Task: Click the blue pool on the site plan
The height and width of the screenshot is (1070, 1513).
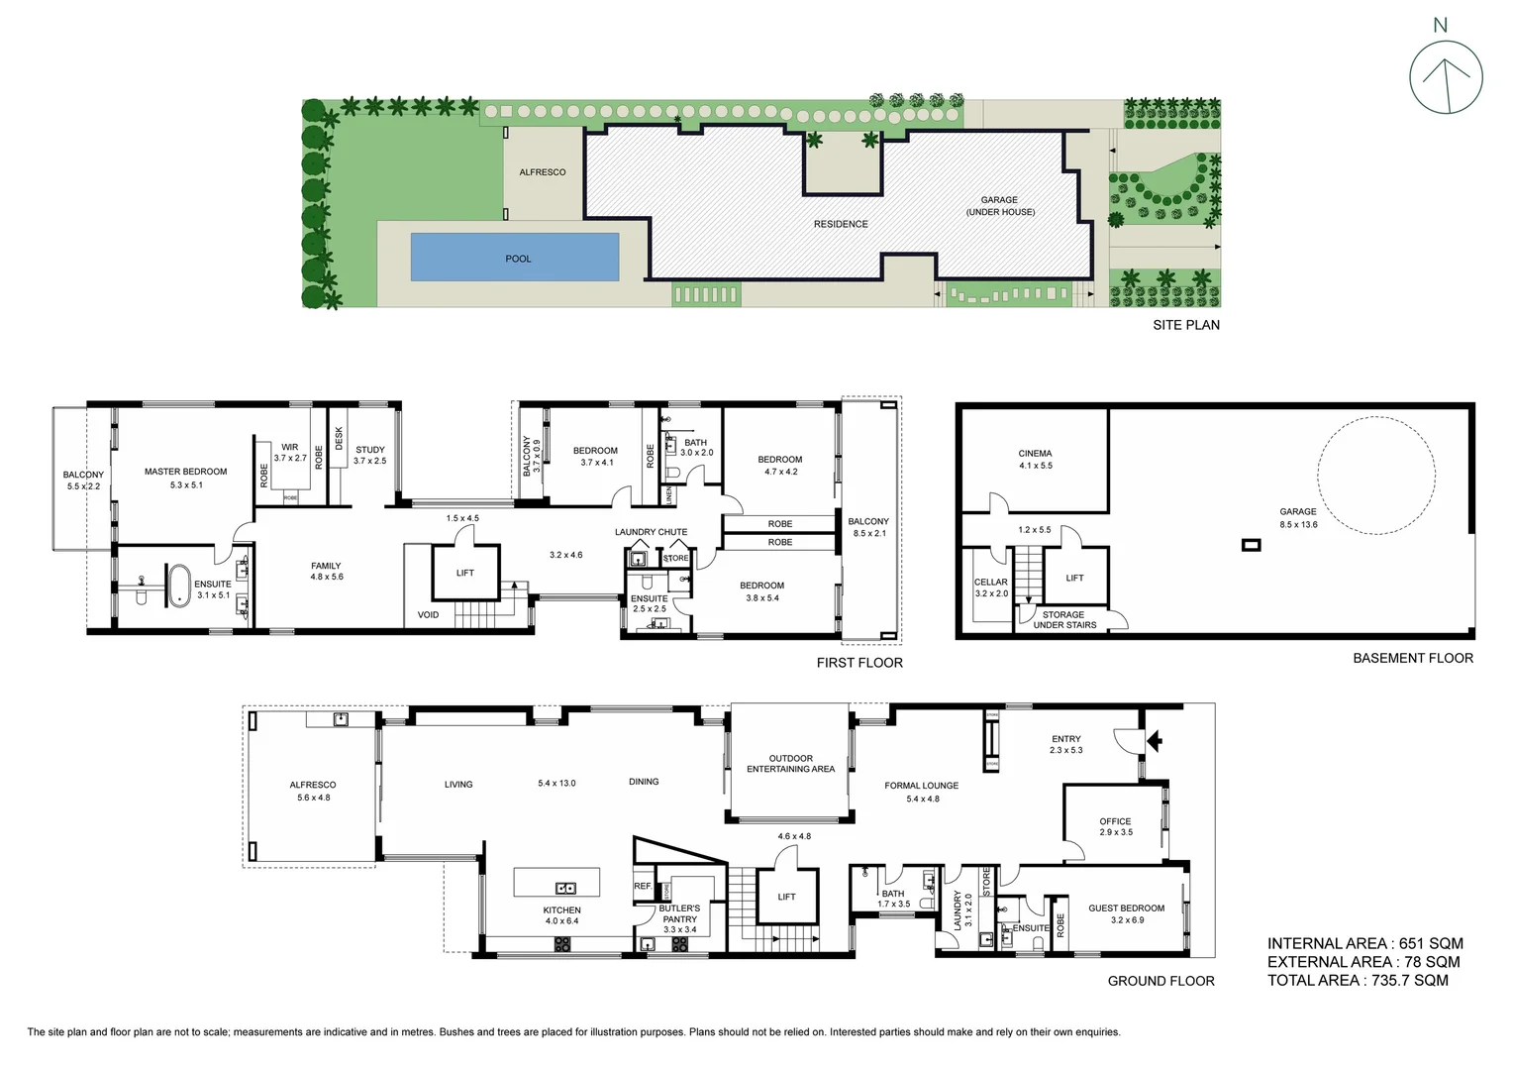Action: [x=515, y=258]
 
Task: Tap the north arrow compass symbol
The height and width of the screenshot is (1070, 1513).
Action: [x=1446, y=78]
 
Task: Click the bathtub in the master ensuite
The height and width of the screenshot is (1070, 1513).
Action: [x=178, y=585]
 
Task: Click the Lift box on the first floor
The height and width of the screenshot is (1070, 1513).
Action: [x=465, y=573]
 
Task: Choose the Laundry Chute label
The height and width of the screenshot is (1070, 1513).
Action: [x=651, y=532]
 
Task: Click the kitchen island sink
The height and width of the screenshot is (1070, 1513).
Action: [x=565, y=888]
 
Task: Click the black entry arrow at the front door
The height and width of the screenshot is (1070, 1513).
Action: [x=1154, y=739]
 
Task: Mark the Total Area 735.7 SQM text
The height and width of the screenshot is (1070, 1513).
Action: [x=1358, y=980]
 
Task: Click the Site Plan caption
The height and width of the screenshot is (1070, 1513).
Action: [x=1185, y=325]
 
